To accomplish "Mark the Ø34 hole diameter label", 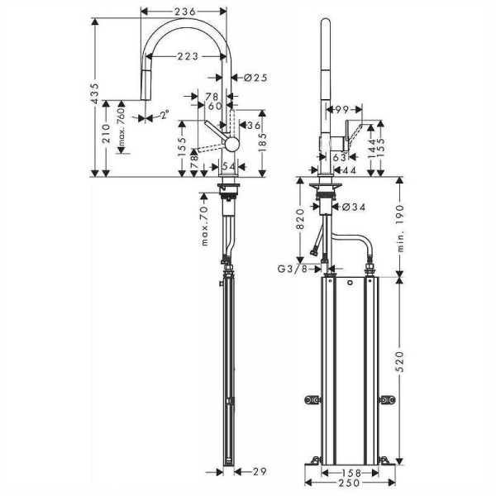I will coord(354,207).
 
